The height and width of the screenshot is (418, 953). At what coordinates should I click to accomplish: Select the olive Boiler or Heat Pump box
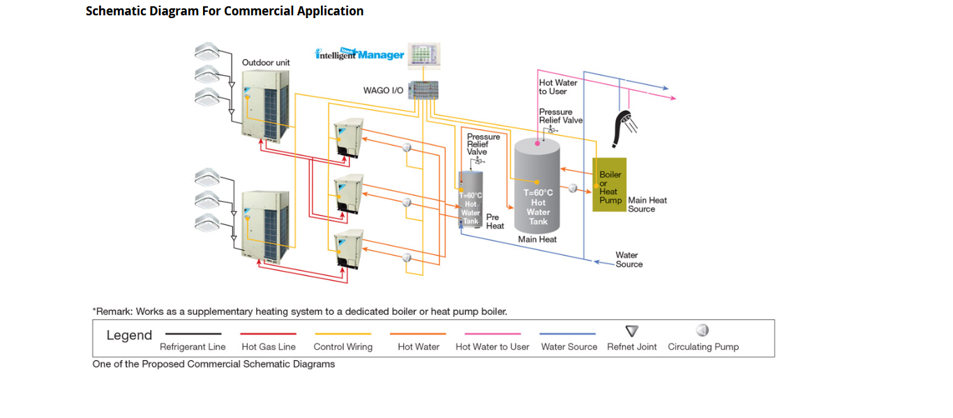[608, 184]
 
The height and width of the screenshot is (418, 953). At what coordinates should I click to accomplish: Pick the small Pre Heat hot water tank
[471, 199]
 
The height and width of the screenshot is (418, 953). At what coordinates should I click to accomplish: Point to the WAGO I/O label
[383, 91]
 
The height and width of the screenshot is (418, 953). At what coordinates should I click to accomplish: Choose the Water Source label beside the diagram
[628, 260]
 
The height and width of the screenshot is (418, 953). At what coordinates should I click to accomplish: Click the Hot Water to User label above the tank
[557, 87]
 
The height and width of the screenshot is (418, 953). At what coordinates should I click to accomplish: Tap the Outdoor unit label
[266, 63]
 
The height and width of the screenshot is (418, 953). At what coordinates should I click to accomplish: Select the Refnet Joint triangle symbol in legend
[632, 331]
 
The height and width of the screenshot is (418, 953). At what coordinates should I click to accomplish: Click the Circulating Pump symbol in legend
[703, 330]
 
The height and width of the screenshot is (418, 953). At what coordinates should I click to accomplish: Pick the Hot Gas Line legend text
[269, 347]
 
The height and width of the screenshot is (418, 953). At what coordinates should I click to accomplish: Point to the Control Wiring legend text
[343, 347]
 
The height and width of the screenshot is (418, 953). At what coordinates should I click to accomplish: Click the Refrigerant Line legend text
[193, 347]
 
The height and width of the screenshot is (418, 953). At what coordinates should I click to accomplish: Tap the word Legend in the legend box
[129, 335]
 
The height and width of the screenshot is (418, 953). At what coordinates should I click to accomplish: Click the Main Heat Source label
[647, 205]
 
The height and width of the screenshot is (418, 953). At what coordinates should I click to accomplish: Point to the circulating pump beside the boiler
[573, 188]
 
